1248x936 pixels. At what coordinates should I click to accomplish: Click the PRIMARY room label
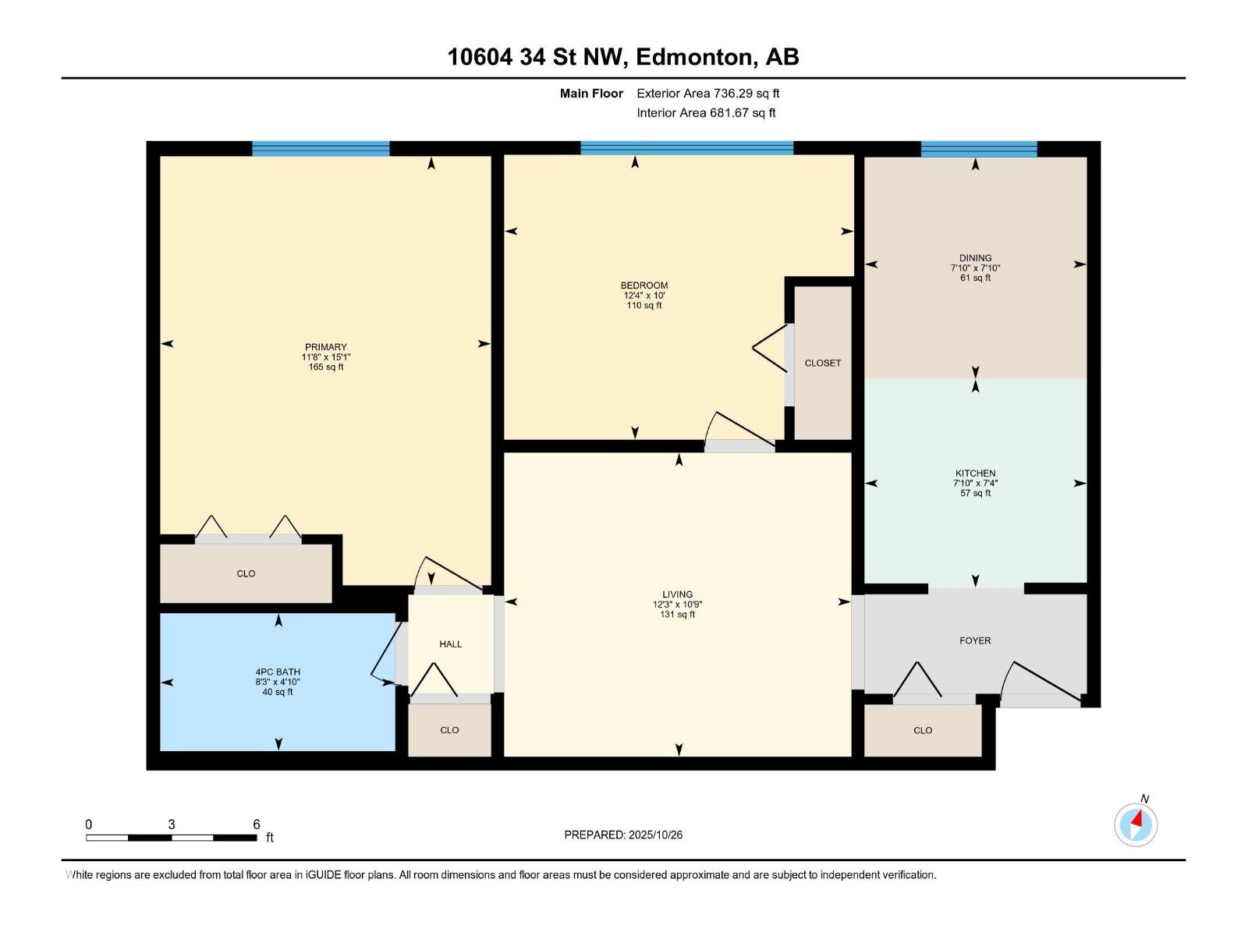pyautogui.click(x=326, y=347)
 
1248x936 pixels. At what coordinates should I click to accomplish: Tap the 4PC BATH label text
pyautogui.click(x=278, y=672)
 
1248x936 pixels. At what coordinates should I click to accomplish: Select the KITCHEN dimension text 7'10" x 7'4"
pyautogui.click(x=975, y=483)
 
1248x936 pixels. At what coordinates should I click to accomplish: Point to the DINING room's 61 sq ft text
pyautogui.click(x=975, y=278)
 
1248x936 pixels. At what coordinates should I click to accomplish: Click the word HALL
pyautogui.click(x=450, y=644)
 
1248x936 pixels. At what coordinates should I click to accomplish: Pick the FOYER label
pyautogui.click(x=975, y=640)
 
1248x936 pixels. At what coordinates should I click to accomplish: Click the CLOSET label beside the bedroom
pyautogui.click(x=823, y=363)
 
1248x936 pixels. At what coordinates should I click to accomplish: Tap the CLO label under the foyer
pyautogui.click(x=923, y=730)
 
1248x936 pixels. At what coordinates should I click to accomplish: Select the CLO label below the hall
pyautogui.click(x=449, y=730)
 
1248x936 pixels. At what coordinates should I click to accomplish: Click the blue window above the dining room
pyautogui.click(x=979, y=149)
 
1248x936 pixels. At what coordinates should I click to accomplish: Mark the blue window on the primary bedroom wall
pyautogui.click(x=321, y=149)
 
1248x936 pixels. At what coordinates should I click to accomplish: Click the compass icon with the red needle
pyautogui.click(x=1136, y=824)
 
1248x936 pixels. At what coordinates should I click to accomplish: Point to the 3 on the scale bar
pyautogui.click(x=171, y=824)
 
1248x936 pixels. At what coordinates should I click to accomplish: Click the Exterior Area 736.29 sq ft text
pyautogui.click(x=707, y=93)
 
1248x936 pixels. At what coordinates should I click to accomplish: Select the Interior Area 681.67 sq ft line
pyautogui.click(x=706, y=112)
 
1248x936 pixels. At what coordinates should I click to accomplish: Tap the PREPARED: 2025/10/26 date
pyautogui.click(x=623, y=835)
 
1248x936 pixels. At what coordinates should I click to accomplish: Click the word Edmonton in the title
pyautogui.click(x=694, y=57)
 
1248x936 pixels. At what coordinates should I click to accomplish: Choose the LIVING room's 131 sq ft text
pyautogui.click(x=677, y=615)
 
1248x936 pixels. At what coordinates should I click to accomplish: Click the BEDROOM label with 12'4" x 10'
pyautogui.click(x=644, y=285)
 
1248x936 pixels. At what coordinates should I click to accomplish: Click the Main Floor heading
pyautogui.click(x=591, y=93)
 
